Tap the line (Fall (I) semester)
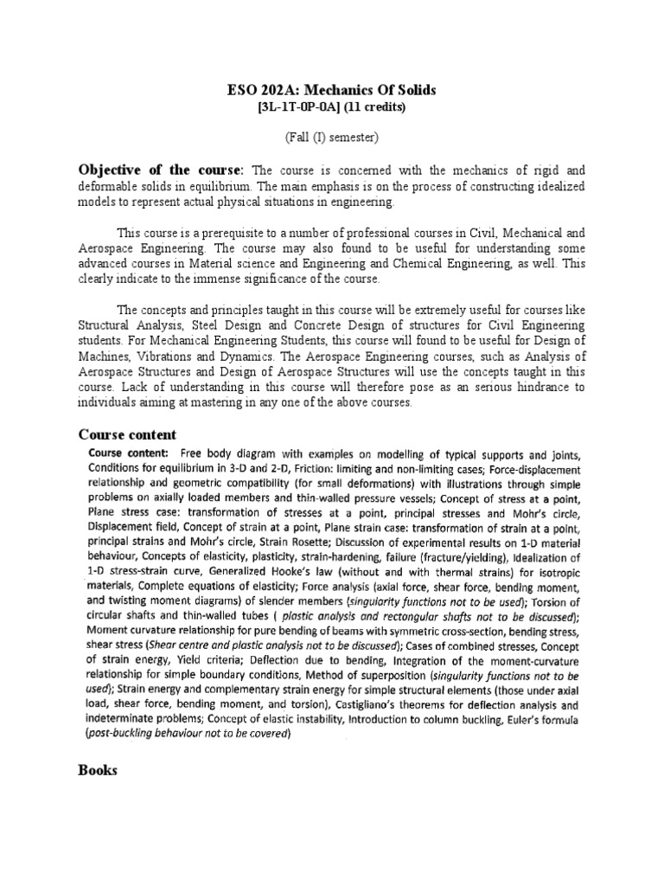pos(331,137)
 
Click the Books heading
pos(99,770)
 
